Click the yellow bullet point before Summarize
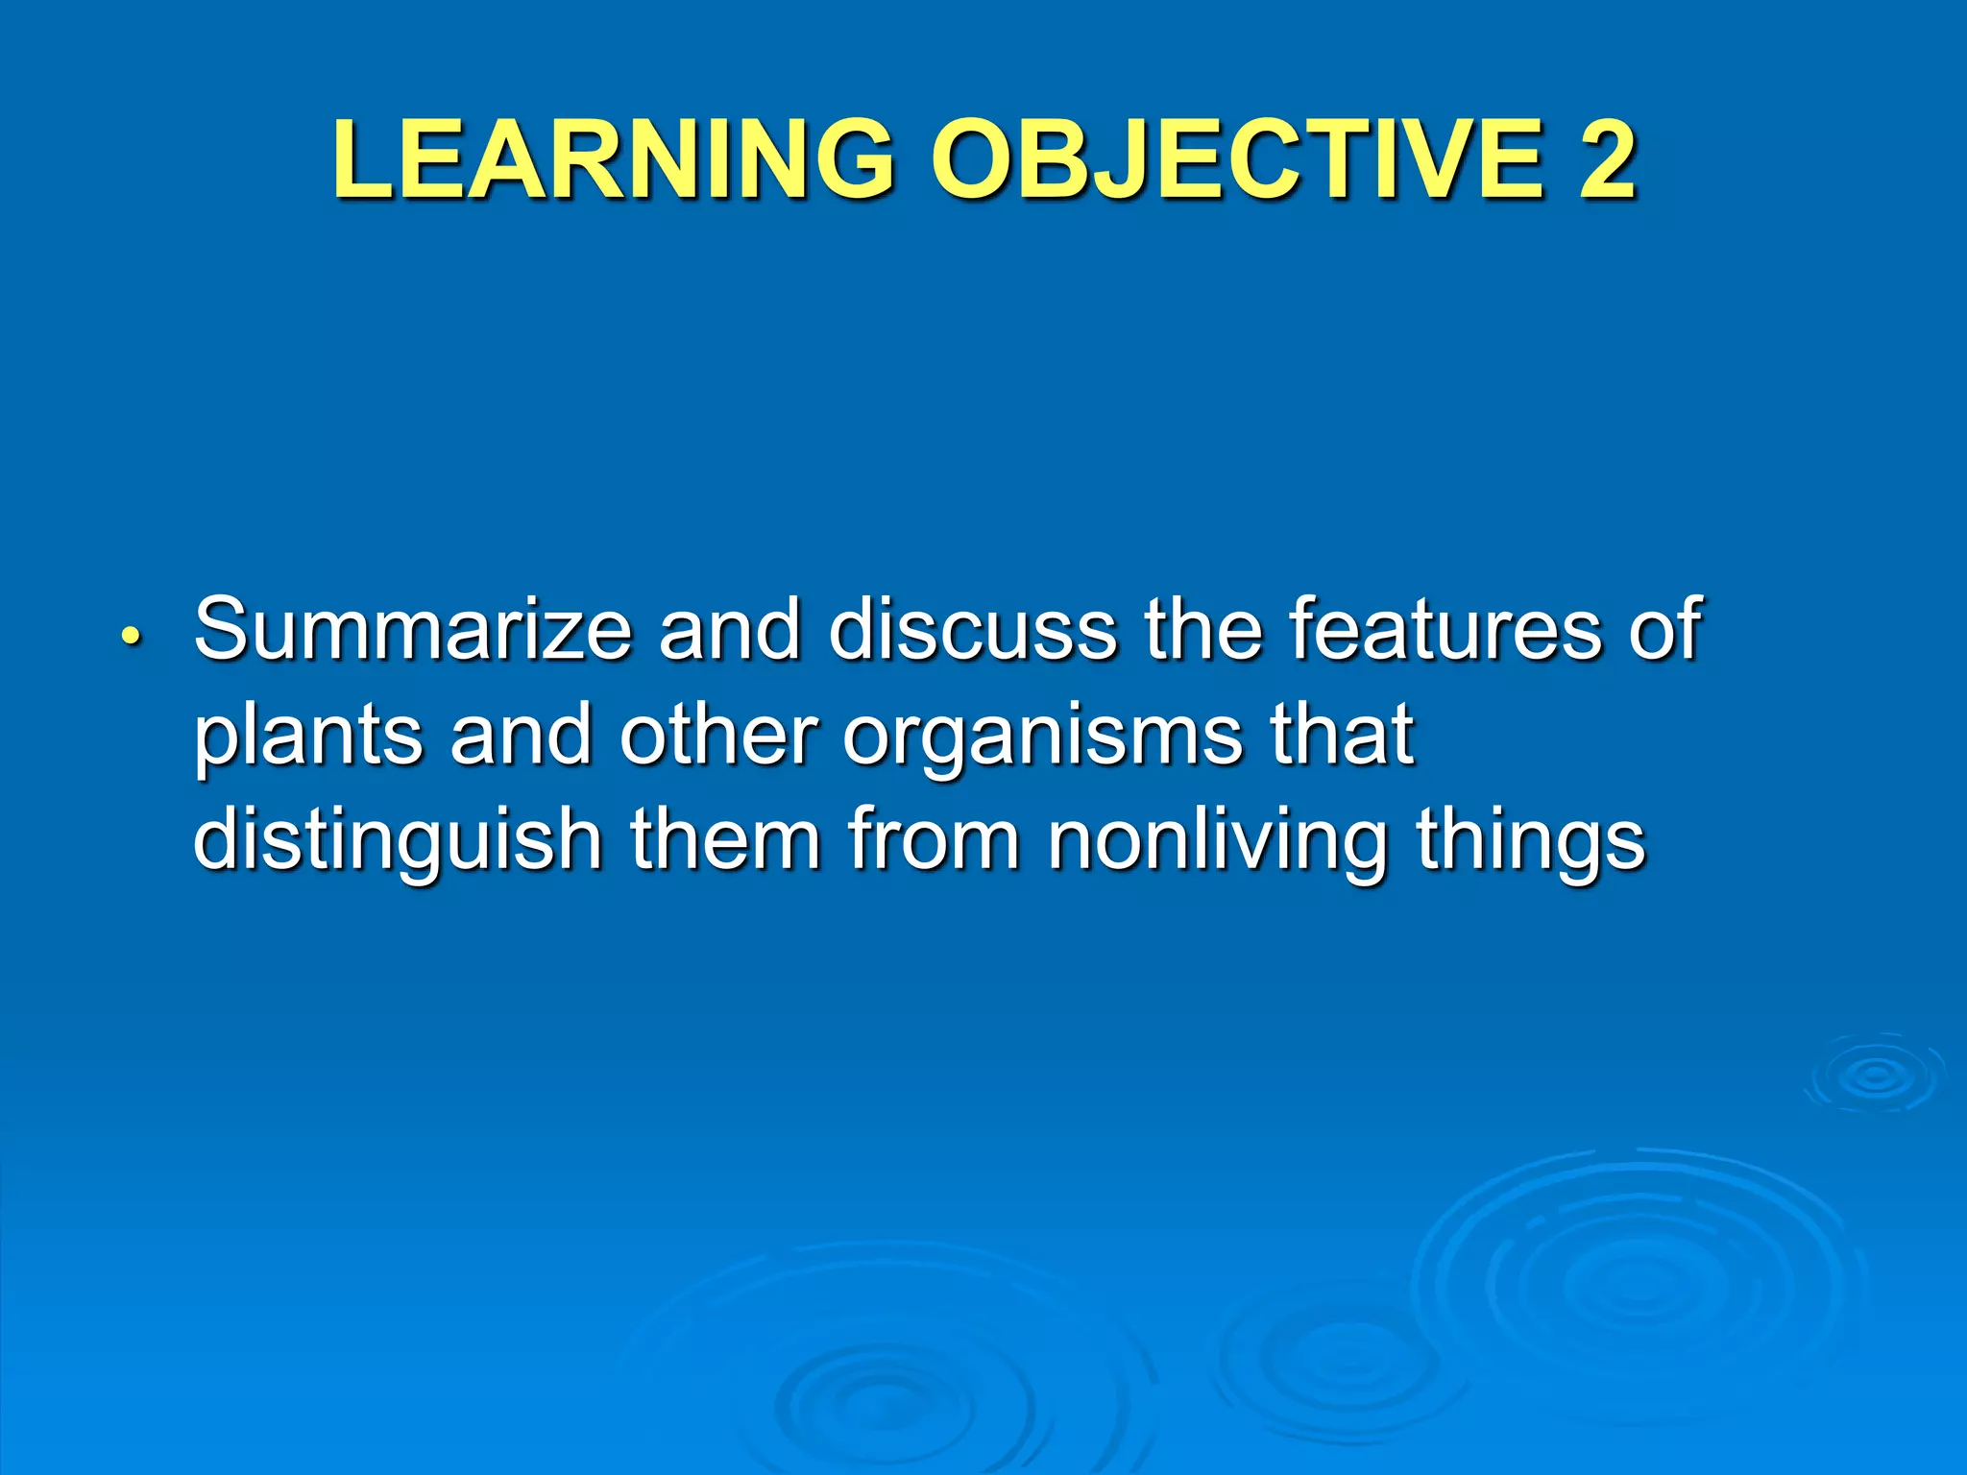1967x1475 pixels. (x=132, y=637)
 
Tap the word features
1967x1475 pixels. (x=1445, y=629)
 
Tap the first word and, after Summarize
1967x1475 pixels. (x=729, y=629)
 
